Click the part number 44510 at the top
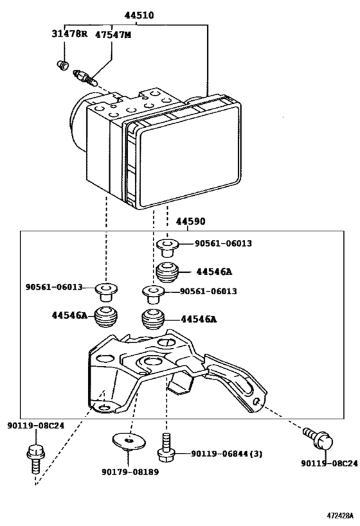139,15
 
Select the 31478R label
69,34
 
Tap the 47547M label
113,34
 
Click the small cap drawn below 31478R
62,65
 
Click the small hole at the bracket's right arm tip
256,401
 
